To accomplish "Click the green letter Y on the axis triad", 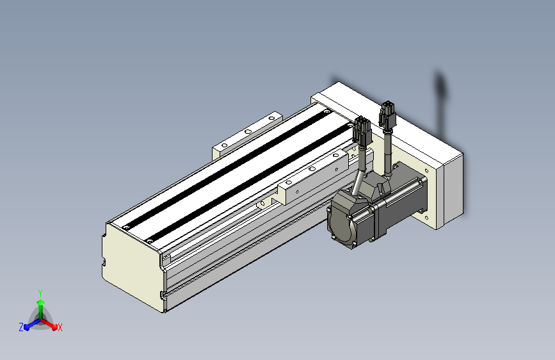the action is pyautogui.click(x=40, y=293).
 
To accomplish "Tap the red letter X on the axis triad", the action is pyautogui.click(x=60, y=327).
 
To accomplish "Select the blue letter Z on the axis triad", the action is pyautogui.click(x=21, y=327).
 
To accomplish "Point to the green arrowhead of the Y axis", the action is pyautogui.click(x=41, y=302).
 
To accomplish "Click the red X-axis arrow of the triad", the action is pyautogui.click(x=49, y=324).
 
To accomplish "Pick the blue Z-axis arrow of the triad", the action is pyautogui.click(x=33, y=324).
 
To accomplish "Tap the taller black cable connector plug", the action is pyautogui.click(x=387, y=114).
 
